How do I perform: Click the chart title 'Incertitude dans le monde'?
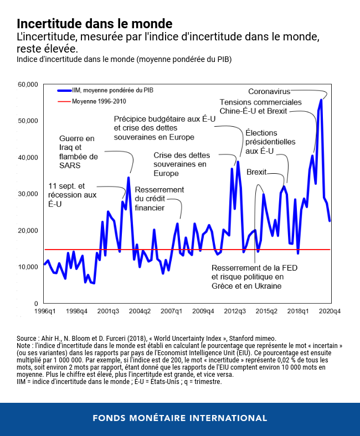pos(94,24)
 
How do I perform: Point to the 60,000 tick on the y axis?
pos(27,84)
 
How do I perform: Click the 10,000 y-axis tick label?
pos(27,267)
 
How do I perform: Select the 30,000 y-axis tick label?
pos(27,194)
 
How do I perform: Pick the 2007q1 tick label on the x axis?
pos(170,312)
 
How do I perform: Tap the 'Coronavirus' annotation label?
pos(269,91)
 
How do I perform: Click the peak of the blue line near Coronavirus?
pos(321,100)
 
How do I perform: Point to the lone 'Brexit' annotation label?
pos(256,172)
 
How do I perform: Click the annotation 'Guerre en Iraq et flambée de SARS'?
pos(78,152)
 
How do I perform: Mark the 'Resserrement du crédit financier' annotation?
pos(159,199)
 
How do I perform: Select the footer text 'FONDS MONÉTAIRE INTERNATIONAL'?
pos(180,418)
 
